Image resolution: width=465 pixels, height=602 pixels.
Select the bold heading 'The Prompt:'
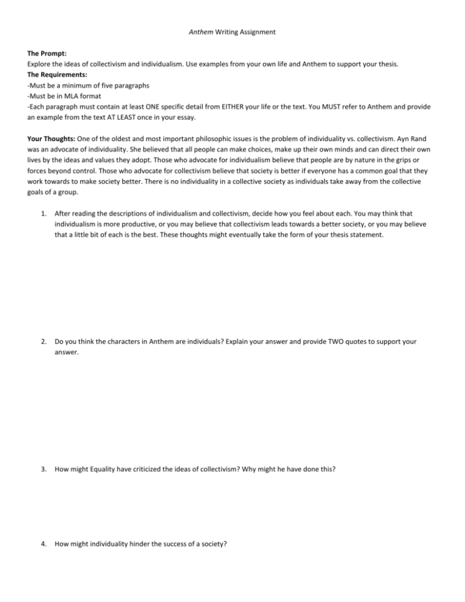tap(37, 68)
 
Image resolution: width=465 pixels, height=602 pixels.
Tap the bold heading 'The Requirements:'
tap(50, 90)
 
